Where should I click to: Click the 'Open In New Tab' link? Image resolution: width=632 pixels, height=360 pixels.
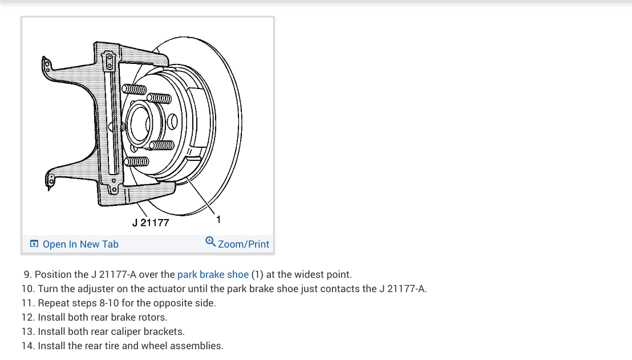point(80,244)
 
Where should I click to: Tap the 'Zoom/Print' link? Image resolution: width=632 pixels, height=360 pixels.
point(243,244)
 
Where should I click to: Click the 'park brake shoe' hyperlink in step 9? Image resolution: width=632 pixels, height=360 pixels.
point(213,274)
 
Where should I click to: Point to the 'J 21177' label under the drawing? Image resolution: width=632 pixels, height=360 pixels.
point(151,223)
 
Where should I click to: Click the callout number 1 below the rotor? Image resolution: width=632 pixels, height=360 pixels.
point(219,219)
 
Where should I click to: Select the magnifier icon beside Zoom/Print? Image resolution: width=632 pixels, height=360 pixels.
point(210,242)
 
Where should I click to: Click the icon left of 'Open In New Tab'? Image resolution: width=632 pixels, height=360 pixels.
point(34,244)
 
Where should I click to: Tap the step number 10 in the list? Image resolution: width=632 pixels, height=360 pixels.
point(28,289)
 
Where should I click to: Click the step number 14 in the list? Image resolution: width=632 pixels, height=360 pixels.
point(28,346)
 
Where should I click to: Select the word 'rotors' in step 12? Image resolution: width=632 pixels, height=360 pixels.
point(153,317)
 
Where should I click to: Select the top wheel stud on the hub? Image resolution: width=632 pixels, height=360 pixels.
point(135,90)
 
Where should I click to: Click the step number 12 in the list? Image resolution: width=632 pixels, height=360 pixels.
point(28,317)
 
